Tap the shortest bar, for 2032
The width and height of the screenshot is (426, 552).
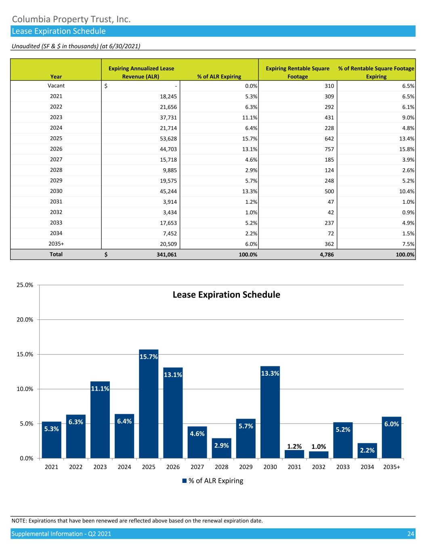click(319, 455)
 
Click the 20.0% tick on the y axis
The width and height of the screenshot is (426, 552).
click(25, 320)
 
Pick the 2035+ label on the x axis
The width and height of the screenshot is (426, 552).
click(392, 467)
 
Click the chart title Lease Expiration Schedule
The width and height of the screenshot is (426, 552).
click(226, 295)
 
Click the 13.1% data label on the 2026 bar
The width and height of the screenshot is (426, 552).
click(173, 375)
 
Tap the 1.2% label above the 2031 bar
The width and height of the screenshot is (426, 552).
click(294, 446)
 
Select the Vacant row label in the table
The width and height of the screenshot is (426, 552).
click(56, 86)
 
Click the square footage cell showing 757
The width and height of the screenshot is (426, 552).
click(329, 149)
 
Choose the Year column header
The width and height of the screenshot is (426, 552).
click(56, 76)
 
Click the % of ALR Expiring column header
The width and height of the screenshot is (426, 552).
click(219, 76)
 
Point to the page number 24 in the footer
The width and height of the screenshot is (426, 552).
click(411, 534)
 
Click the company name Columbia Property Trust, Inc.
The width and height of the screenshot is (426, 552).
click(71, 19)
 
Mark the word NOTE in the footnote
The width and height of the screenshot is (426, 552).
click(19, 520)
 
